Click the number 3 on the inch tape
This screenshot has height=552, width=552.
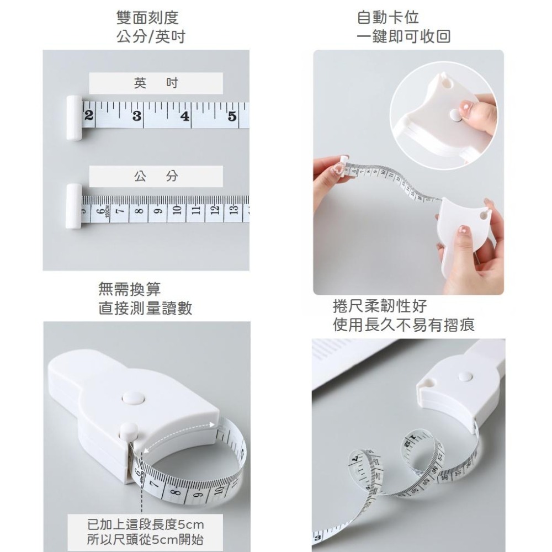136,116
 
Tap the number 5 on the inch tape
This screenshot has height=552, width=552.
232,116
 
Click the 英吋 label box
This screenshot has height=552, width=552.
156,83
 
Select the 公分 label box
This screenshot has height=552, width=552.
156,177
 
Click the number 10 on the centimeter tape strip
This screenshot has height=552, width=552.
177,210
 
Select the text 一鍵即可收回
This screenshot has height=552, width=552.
404,37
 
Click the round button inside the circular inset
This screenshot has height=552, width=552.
456,115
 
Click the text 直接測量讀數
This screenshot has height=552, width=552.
145,308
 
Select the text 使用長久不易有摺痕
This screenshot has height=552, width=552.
404,325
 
